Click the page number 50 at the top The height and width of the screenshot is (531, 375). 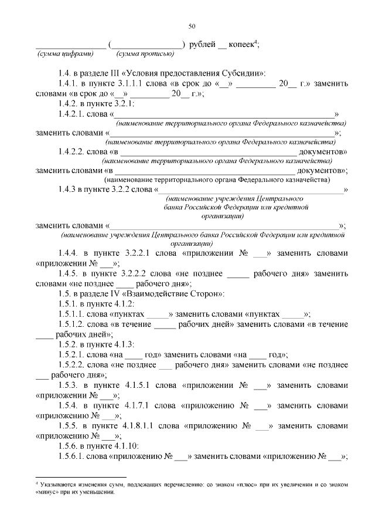point(192,26)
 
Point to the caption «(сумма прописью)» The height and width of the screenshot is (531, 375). point(145,54)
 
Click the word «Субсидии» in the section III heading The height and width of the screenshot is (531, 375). point(243,73)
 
